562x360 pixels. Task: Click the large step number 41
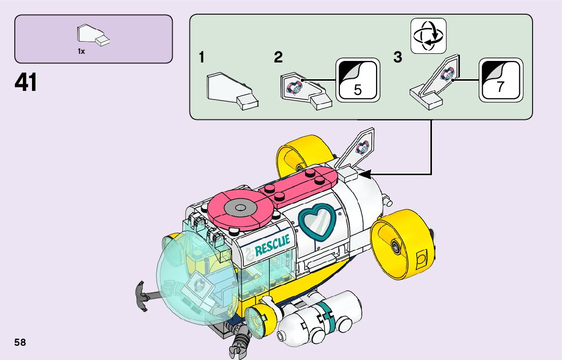(x=26, y=83)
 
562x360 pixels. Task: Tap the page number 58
(x=20, y=342)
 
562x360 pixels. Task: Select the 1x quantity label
(x=81, y=51)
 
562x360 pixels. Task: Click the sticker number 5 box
(x=358, y=80)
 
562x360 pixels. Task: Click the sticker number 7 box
(x=501, y=80)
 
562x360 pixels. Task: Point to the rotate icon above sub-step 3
(x=428, y=36)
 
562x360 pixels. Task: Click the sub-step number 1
(x=202, y=58)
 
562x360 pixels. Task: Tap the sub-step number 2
(x=278, y=58)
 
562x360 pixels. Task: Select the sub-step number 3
(x=397, y=58)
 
